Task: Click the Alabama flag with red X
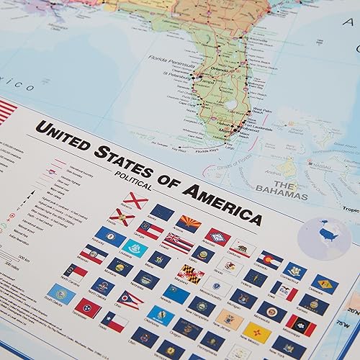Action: [135, 199]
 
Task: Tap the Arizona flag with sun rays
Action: [190, 222]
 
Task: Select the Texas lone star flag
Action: [114, 321]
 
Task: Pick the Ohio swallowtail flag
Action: [130, 299]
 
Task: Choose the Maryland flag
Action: [191, 274]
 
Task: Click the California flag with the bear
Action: [243, 248]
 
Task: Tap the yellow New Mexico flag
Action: [256, 330]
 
